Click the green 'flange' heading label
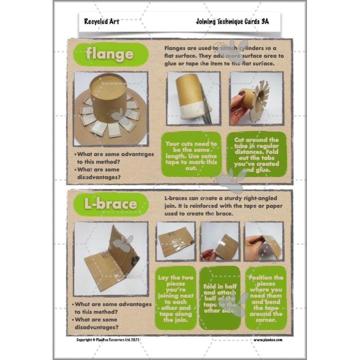pos(110,55)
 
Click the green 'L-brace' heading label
pos(111,204)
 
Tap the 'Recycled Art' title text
pos(101,22)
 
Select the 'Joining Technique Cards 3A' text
pos(232,22)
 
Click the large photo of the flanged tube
pos(111,108)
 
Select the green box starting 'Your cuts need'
pos(191,153)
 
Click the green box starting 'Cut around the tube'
pos(256,153)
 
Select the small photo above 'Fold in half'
pos(220,241)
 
